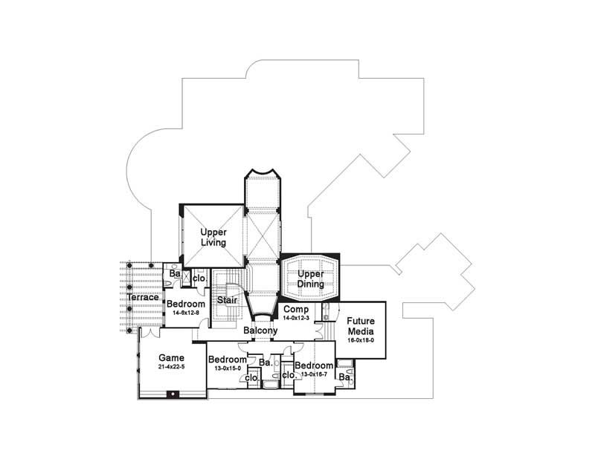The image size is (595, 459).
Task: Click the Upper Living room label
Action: tap(213, 237)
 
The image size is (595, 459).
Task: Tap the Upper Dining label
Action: tap(310, 279)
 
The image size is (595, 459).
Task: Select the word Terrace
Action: tap(142, 298)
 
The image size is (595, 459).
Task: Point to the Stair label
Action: tap(227, 300)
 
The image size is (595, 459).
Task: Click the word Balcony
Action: tap(260, 331)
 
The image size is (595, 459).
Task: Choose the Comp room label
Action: tap(295, 308)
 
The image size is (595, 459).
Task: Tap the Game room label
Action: tap(171, 357)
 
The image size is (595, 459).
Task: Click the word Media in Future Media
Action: tap(360, 331)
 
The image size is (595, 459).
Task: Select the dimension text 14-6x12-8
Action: tap(185, 313)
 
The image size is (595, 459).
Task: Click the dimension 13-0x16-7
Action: tap(313, 374)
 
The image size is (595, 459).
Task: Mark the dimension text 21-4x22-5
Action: tap(171, 367)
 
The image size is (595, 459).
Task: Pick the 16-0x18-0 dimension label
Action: tap(360, 340)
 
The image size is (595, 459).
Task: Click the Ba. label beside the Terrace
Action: tap(174, 274)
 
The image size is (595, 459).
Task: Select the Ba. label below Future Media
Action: tap(344, 377)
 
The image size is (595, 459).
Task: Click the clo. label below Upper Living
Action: tap(199, 278)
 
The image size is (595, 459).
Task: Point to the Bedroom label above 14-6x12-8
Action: tap(185, 305)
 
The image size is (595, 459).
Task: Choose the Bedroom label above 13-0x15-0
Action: tap(226, 359)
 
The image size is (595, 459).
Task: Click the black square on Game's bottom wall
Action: tap(172, 393)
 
